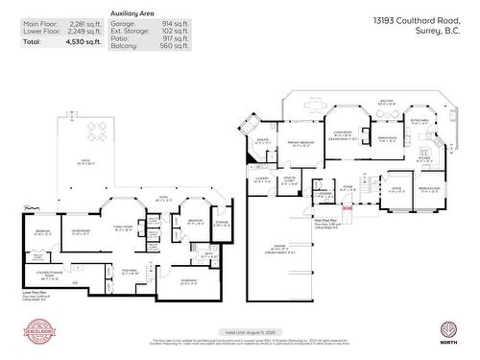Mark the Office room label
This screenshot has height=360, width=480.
pyautogui.click(x=396, y=189)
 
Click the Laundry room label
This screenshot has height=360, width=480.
pyautogui.click(x=261, y=180)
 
